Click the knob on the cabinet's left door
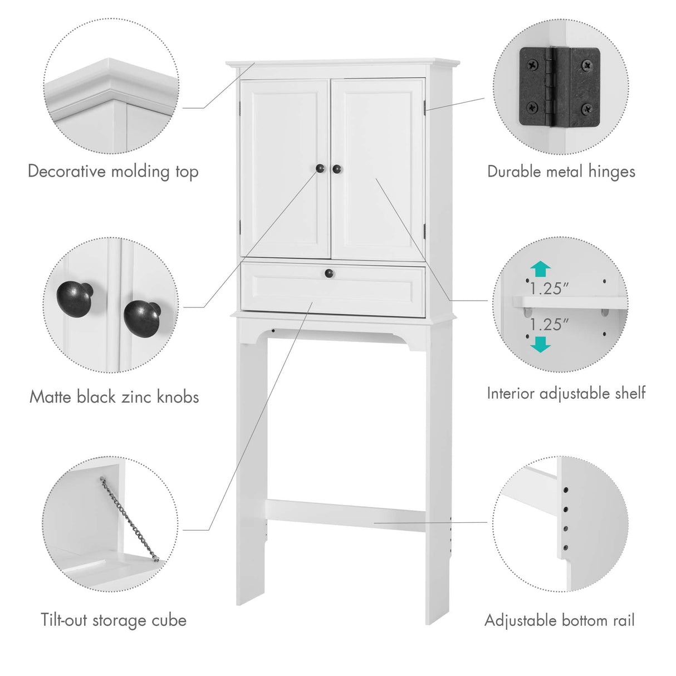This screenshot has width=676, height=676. point(321,168)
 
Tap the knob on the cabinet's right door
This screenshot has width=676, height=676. point(337,168)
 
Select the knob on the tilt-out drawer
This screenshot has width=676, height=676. point(329,273)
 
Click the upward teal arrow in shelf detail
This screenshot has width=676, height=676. point(540,270)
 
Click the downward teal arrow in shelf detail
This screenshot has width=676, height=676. point(540,344)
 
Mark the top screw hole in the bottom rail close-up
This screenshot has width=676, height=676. point(565,491)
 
